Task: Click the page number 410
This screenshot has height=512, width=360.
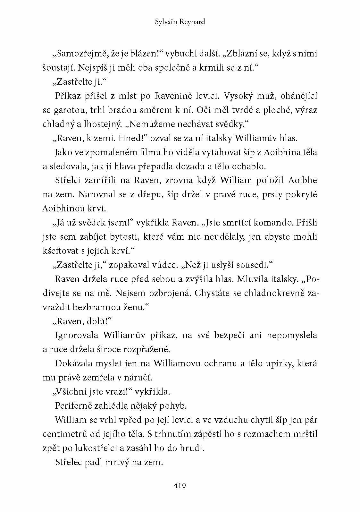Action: coord(180,485)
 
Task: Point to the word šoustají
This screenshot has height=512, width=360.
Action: coord(56,68)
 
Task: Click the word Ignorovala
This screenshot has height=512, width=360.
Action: coord(77,335)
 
